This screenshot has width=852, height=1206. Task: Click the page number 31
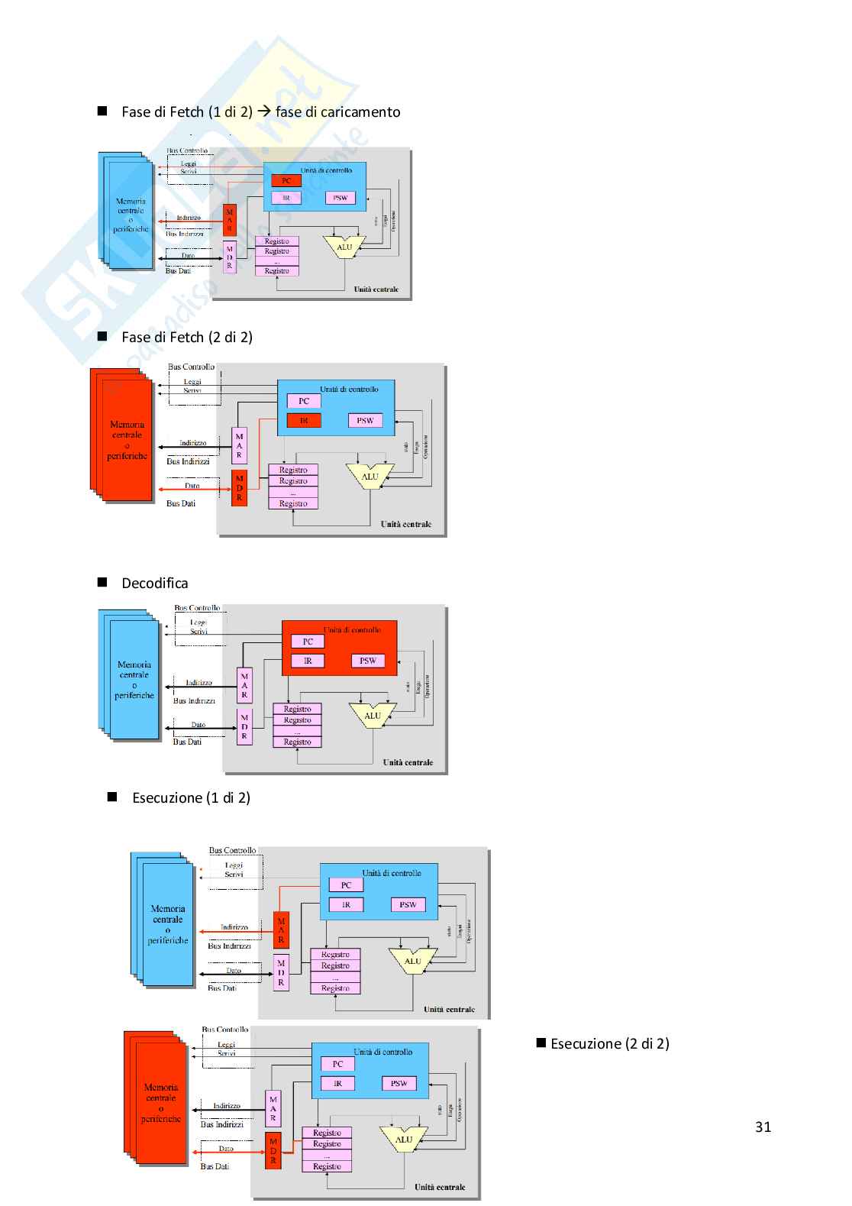tap(763, 1127)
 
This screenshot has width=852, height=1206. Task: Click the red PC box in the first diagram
tap(286, 181)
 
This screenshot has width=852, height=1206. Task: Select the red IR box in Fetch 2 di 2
tap(304, 420)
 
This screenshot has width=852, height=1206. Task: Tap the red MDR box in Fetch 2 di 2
tap(239, 488)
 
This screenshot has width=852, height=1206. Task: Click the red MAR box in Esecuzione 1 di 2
tap(281, 930)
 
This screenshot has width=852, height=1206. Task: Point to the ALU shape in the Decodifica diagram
tap(373, 716)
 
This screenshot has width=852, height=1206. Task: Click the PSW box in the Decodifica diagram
tap(368, 661)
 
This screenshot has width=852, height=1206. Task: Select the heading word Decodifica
tap(154, 584)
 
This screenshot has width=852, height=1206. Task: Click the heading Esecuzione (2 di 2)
tap(609, 1043)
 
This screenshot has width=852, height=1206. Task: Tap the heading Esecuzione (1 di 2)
tap(191, 797)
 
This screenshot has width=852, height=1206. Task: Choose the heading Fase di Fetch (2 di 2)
tap(186, 337)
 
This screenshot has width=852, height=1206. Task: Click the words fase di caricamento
tap(337, 112)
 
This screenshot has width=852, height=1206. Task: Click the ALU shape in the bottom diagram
tap(404, 1140)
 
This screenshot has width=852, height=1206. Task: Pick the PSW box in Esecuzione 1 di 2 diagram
tap(408, 904)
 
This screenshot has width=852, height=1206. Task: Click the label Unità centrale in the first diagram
tap(376, 289)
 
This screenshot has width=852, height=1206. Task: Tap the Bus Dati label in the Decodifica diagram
tap(187, 742)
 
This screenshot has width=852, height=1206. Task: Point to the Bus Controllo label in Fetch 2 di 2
tap(191, 367)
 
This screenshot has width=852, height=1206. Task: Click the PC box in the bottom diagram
tap(337, 1064)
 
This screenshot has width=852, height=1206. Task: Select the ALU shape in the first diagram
tap(344, 247)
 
